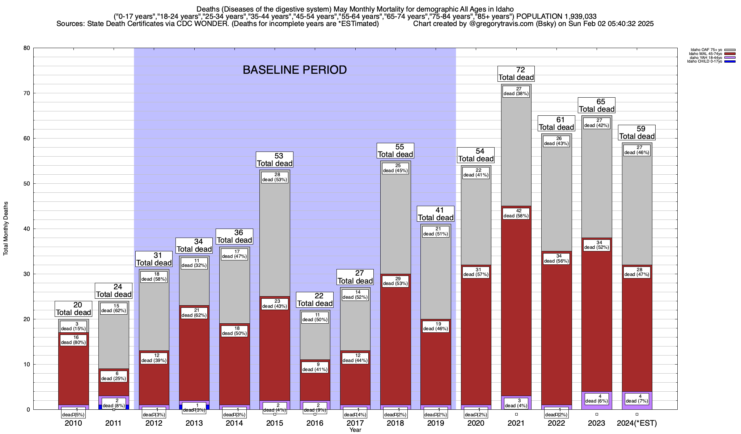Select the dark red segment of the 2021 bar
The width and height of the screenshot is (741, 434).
pos(516,307)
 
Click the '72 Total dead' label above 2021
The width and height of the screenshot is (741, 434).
pos(516,74)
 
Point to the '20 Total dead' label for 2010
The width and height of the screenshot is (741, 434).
pos(73,309)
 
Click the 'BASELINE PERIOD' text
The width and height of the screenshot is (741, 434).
pos(295,70)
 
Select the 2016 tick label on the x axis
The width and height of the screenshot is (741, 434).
pos(315,423)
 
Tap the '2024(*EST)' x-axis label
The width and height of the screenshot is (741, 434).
pos(637,423)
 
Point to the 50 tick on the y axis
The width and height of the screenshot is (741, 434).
pos(27,184)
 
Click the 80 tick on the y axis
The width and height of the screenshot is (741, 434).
pos(27,48)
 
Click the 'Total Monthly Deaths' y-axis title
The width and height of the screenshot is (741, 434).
pos(6,229)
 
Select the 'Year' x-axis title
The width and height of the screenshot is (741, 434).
pos(355,430)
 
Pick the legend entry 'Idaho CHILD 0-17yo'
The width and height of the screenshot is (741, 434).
pos(706,61)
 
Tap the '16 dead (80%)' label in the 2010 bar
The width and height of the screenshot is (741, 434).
pos(73,340)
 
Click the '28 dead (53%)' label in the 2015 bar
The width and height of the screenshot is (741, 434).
pos(275,177)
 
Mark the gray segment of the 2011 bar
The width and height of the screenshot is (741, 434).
pos(114,344)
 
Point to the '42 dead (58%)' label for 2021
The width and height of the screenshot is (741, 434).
pos(516,213)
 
